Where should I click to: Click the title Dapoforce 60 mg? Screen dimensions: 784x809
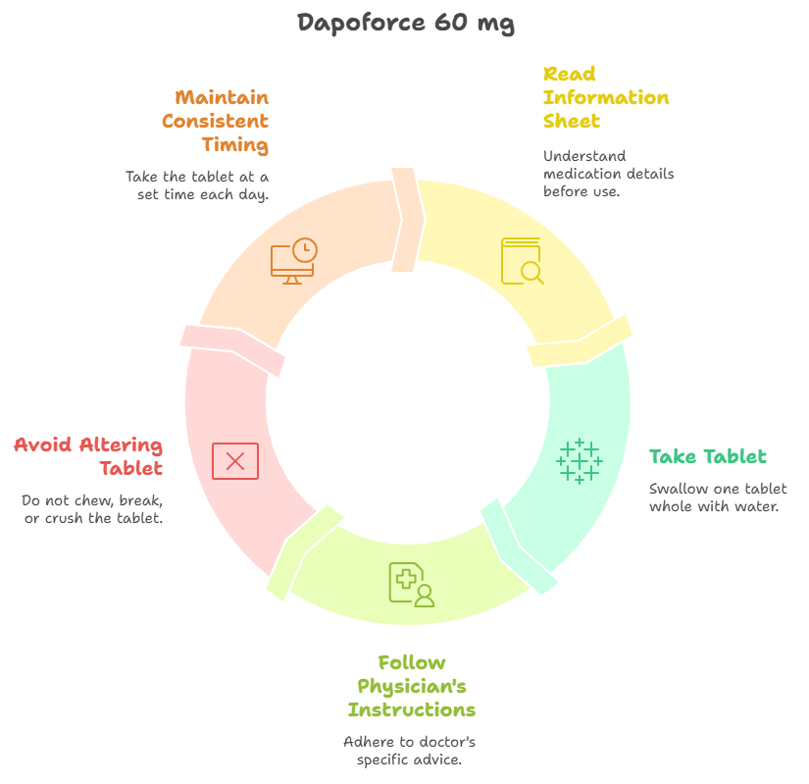pos(405,23)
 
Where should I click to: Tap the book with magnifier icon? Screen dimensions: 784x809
pos(522,261)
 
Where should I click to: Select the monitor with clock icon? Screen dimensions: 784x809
pos(293,261)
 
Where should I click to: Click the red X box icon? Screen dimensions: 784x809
pos(235,461)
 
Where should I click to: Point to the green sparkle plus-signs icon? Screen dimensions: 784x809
pos(580,460)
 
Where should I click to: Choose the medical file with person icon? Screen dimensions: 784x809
pos(411,585)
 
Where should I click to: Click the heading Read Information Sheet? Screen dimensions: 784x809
pos(606,97)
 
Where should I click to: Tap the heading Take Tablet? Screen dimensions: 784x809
pos(708,456)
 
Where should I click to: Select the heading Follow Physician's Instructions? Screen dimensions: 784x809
pos(412,686)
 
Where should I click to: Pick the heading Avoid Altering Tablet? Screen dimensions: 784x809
pos(88,456)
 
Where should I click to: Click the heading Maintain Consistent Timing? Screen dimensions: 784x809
pos(216,121)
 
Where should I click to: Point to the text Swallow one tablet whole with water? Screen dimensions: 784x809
pos(718,497)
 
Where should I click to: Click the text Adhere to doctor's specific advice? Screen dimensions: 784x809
pos(410,751)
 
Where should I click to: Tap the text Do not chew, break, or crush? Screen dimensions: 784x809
pos(93,508)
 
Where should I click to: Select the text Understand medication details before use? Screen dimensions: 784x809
pos(609,173)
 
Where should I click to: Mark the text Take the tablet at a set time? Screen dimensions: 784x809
pos(197,185)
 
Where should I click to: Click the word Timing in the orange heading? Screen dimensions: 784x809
pos(235,145)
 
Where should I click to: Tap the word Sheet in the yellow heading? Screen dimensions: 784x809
pos(572,121)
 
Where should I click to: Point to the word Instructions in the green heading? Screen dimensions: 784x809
pos(412,709)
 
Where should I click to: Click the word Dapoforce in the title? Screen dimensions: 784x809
pos(361,23)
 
